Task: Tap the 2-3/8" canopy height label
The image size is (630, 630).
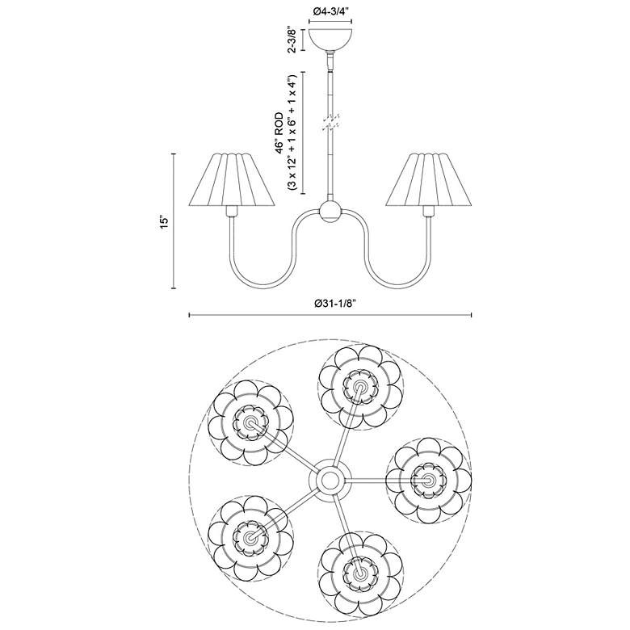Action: pos(292,40)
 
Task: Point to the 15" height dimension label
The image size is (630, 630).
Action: pos(163,222)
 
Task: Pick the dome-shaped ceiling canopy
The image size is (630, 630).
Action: pos(330,39)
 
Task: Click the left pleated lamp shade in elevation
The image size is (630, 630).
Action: pos(232,180)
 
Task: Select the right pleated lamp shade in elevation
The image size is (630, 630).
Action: pos(428,180)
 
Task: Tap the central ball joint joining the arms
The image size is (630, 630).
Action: pos(330,212)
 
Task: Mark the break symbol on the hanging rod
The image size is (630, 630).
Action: pos(330,121)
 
